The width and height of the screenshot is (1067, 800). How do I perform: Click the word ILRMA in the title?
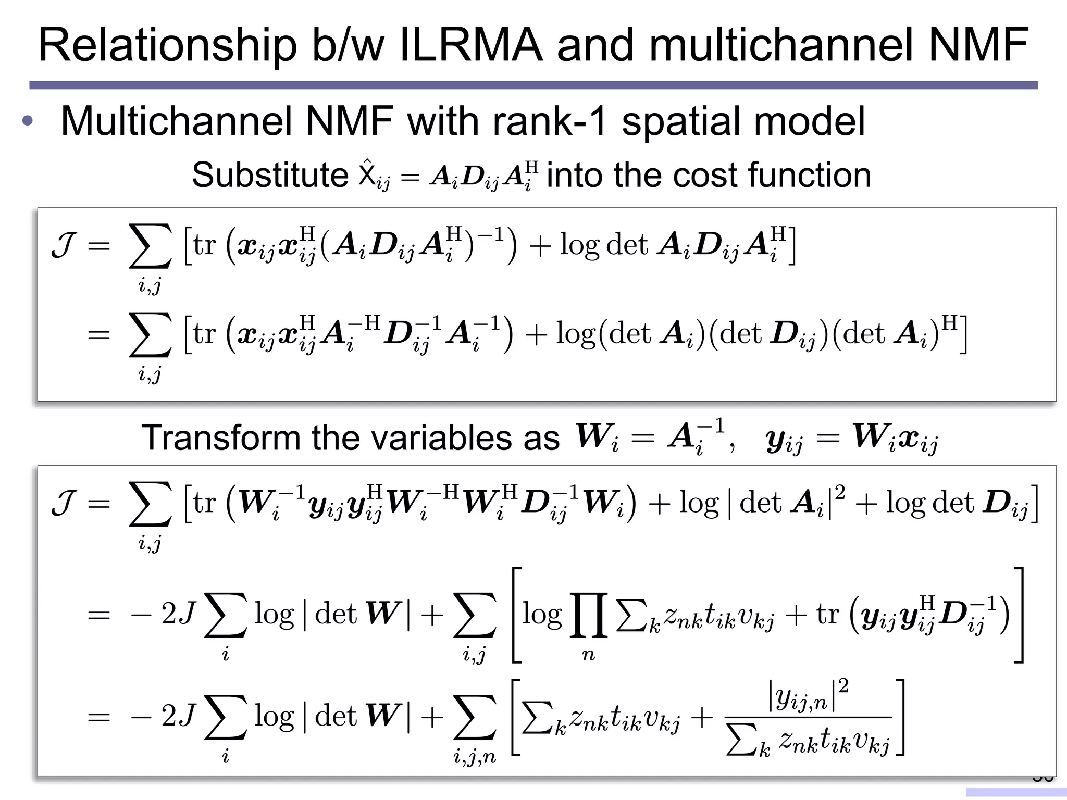(x=470, y=45)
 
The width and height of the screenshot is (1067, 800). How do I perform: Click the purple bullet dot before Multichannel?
(x=28, y=121)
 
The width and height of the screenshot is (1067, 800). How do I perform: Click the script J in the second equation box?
(x=65, y=503)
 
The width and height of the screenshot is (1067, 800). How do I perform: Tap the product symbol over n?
(x=589, y=616)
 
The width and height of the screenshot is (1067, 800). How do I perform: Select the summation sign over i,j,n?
(x=475, y=718)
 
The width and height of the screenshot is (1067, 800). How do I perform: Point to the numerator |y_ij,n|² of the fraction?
(x=809, y=696)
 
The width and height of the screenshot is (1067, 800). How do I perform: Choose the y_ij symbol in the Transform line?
(x=784, y=440)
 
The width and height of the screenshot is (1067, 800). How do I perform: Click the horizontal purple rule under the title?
(x=533, y=85)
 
